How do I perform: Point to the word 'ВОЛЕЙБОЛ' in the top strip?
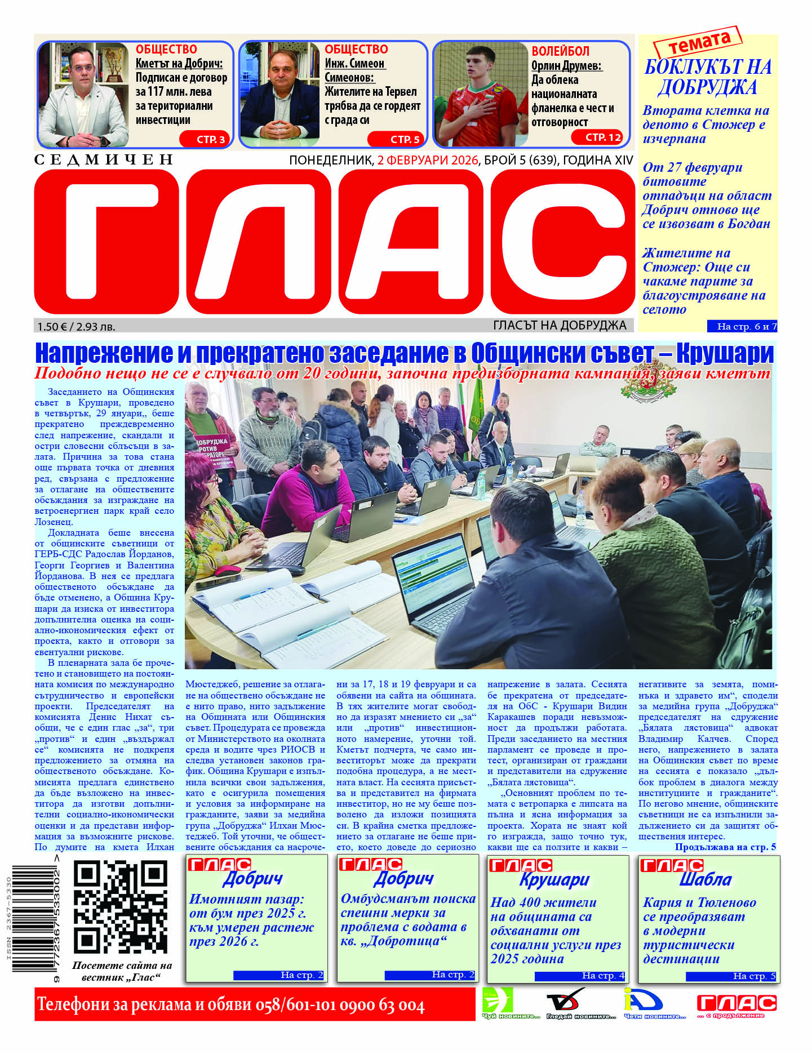560,51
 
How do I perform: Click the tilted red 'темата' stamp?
698,42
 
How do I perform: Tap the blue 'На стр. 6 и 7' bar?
742,326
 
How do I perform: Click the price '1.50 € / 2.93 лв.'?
76,326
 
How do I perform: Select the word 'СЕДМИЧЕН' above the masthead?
104,160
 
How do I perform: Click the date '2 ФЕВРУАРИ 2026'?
427,160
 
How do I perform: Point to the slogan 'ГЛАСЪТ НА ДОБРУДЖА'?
559,325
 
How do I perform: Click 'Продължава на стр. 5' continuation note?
725,847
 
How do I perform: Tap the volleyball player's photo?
481,94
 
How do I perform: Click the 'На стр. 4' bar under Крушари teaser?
580,976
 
